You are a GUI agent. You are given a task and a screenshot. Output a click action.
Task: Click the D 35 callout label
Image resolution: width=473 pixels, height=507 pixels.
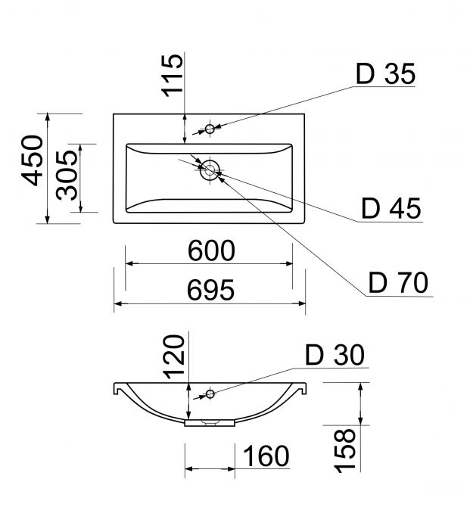(385, 74)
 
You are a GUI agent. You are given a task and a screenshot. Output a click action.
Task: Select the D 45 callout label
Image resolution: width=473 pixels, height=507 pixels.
(391, 208)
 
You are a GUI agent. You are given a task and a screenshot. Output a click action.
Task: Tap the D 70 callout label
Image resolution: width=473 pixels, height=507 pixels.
(398, 282)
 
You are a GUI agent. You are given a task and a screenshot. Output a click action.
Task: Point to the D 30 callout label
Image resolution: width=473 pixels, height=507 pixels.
(335, 355)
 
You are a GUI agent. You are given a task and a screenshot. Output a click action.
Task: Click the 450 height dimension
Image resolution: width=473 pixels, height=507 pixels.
(33, 160)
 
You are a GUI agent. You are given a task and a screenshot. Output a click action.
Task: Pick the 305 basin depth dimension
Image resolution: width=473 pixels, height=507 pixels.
(67, 176)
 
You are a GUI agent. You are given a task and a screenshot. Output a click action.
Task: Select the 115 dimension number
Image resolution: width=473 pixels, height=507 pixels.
(173, 76)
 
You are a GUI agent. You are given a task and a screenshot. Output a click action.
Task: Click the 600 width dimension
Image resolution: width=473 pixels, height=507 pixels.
(211, 250)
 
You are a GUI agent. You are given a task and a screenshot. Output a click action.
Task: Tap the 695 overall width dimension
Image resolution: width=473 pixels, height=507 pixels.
(210, 290)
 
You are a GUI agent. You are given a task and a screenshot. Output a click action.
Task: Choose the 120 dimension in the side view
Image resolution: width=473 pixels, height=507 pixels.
(174, 357)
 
